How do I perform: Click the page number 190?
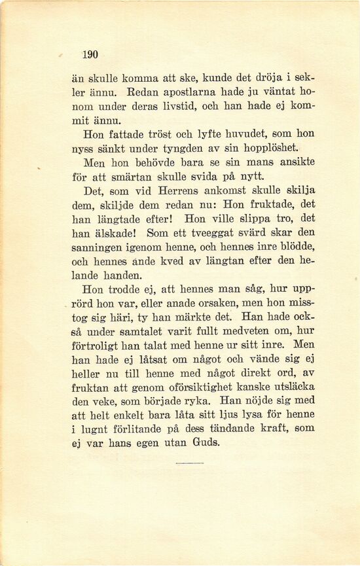(90, 55)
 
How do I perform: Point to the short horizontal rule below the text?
(190, 464)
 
